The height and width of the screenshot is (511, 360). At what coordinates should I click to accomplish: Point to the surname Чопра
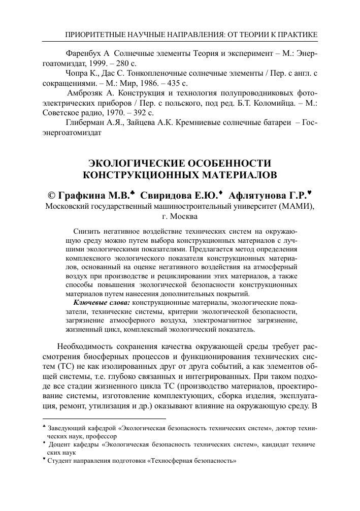click(78, 73)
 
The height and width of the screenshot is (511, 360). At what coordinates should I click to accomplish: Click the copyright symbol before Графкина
click(51, 195)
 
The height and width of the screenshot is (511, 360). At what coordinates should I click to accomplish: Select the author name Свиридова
click(165, 195)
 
